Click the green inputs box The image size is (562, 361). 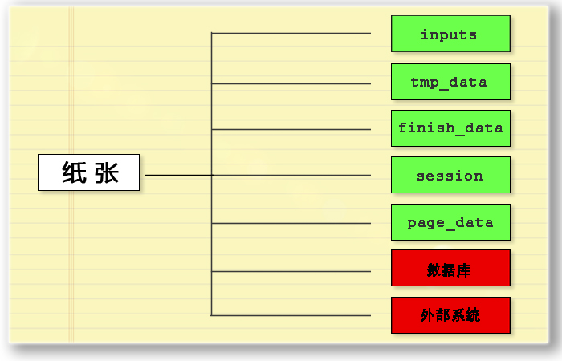[x=450, y=34]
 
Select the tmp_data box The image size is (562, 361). [x=450, y=82]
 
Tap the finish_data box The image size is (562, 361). [x=450, y=128]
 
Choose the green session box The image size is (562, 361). [x=450, y=175]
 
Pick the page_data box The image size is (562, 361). [x=450, y=222]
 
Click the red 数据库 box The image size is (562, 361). [x=450, y=268]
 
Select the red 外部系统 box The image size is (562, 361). [x=450, y=315]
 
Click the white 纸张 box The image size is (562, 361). [x=88, y=172]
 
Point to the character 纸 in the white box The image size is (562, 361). [x=74, y=172]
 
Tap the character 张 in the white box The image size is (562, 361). [x=107, y=172]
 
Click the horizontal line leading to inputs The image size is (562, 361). [x=291, y=34]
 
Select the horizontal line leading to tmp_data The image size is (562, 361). [x=291, y=83]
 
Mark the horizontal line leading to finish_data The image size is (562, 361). [x=291, y=129]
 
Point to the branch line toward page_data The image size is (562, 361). [x=291, y=223]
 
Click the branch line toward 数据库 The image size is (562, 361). [x=291, y=271]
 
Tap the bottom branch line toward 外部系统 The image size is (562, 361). [x=291, y=315]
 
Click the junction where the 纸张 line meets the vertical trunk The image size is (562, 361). [x=211, y=175]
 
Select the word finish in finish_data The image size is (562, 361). [x=426, y=128]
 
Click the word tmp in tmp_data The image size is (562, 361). [x=425, y=83]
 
